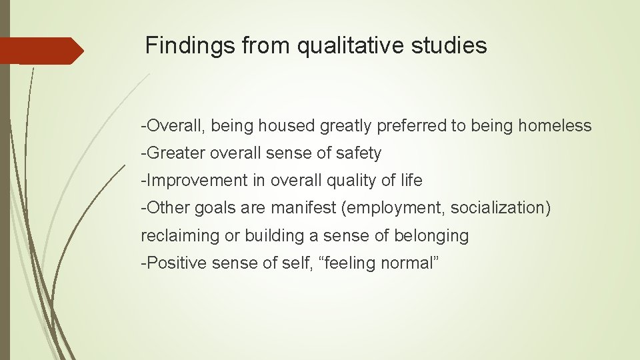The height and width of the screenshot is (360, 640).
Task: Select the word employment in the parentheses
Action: [x=394, y=208]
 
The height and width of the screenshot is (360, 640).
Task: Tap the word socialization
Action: [x=500, y=208]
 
